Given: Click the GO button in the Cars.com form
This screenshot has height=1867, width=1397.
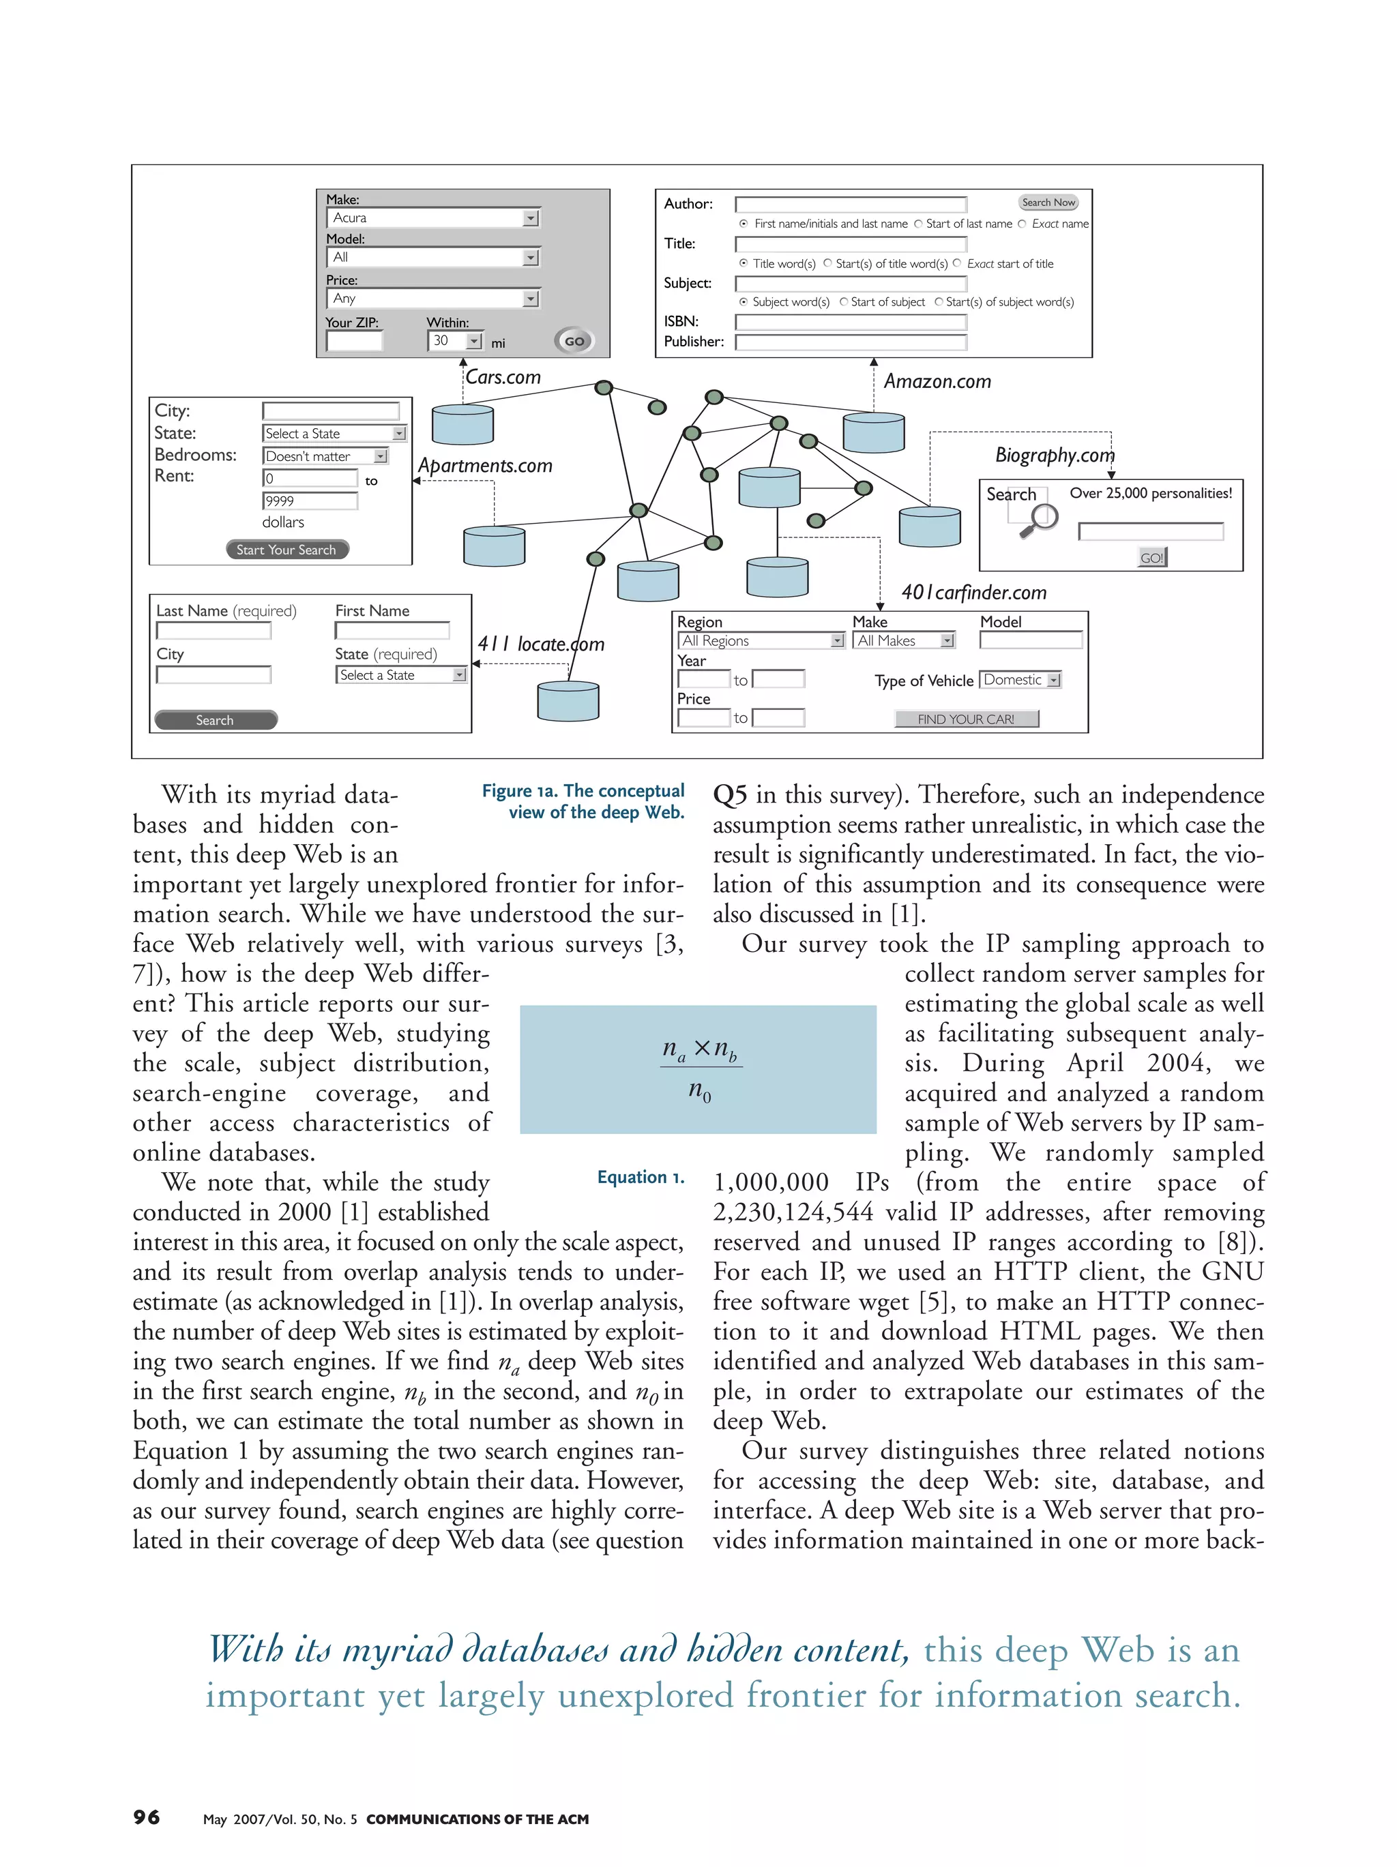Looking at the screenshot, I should coord(574,341).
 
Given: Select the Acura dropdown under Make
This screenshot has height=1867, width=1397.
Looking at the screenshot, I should coord(433,218).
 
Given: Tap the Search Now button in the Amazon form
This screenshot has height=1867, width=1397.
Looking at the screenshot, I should coord(1048,203).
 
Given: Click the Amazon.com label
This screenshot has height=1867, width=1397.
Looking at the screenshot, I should coord(937,381).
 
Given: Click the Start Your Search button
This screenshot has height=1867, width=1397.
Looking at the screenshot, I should coord(287,550).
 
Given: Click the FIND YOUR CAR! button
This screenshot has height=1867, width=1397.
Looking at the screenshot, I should coord(966,719).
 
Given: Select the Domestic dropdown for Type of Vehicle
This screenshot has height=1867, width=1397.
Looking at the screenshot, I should coord(1020,679).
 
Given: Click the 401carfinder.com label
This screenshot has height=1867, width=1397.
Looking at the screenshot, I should coord(973,593).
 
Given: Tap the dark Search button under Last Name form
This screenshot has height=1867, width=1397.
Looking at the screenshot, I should coord(216,720).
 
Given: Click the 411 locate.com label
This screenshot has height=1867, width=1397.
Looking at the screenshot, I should coord(540,644).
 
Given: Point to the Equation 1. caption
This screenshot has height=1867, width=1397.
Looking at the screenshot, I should coord(640,1176).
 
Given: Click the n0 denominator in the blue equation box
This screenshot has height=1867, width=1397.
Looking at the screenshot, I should coord(699,1091).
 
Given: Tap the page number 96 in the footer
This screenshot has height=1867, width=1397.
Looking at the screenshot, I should coord(146,1817).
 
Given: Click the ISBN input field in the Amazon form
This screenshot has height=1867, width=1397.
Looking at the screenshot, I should coord(850,322).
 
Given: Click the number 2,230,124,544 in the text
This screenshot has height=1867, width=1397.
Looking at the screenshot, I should coord(793,1212).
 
